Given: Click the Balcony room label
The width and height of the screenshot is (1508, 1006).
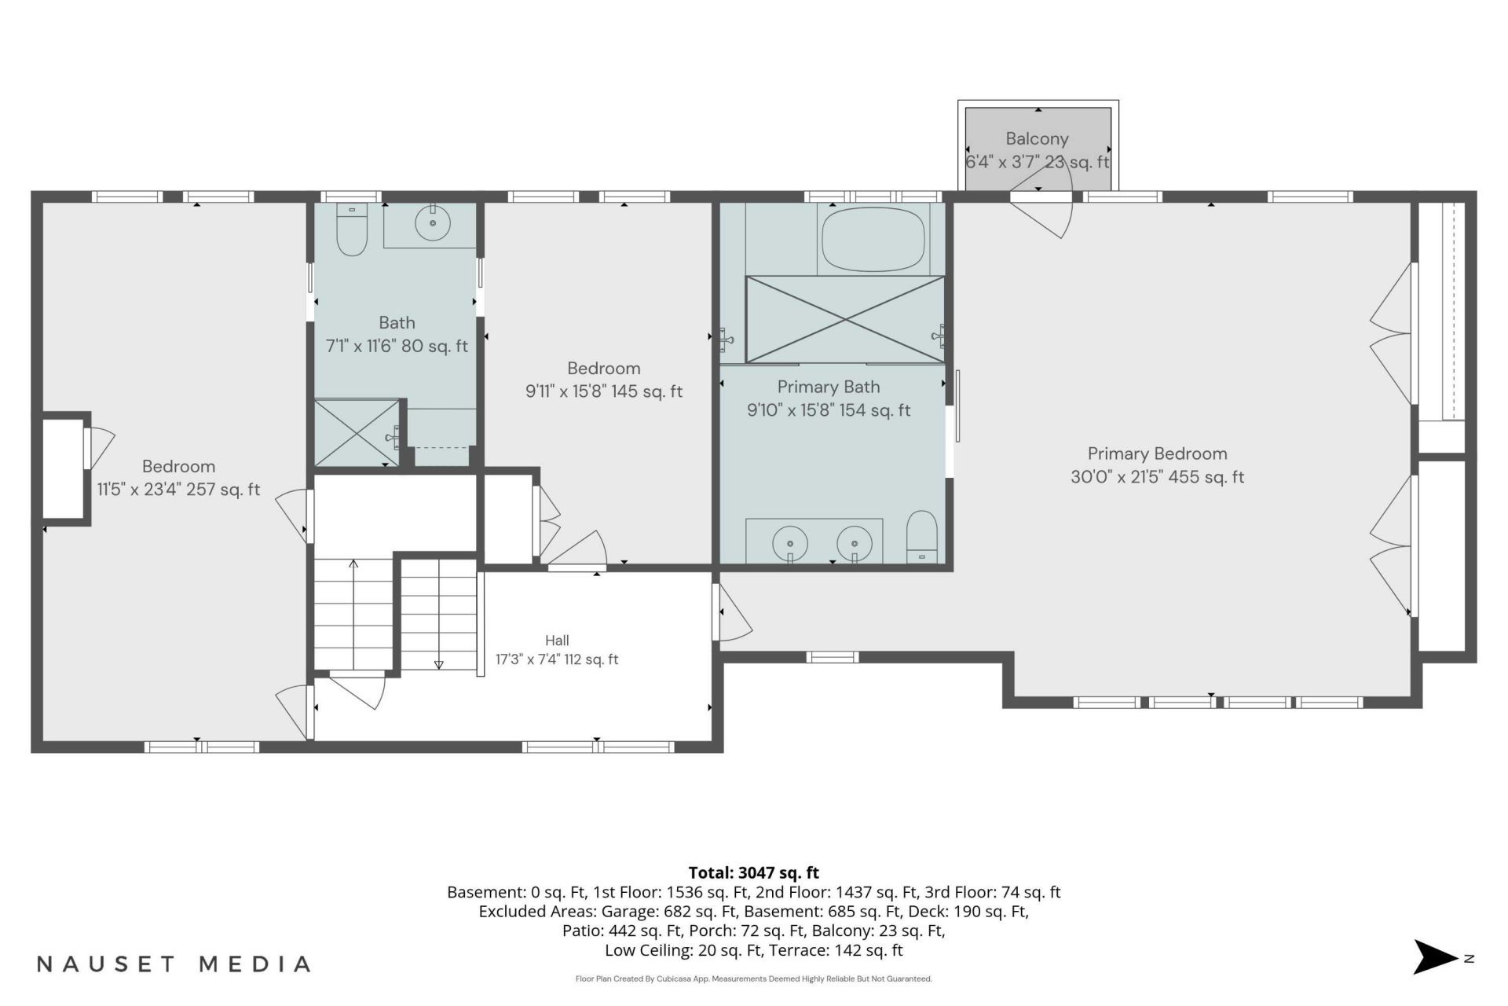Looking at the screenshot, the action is (x=1037, y=139).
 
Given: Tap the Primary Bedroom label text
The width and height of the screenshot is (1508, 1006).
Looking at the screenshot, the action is (x=1157, y=453).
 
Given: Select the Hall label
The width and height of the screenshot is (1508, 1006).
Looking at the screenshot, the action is (x=557, y=641).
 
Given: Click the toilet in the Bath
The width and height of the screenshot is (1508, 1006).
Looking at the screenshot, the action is (x=351, y=229).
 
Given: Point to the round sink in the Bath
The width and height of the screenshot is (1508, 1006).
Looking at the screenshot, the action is (x=432, y=222).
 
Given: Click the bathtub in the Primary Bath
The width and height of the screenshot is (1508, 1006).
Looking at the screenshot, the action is (x=872, y=238).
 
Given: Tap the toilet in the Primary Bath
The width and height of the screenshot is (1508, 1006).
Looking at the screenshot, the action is (x=922, y=537).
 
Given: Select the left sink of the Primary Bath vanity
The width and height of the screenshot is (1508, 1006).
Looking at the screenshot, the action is (x=791, y=543).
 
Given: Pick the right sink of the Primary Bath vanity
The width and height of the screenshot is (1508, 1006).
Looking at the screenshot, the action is (x=855, y=543).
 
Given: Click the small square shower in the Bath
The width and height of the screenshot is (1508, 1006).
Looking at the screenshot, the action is (x=357, y=433).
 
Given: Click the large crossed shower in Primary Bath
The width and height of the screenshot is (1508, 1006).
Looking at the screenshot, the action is (x=845, y=319).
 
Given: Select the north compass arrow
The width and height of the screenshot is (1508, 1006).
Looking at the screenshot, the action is (x=1436, y=957).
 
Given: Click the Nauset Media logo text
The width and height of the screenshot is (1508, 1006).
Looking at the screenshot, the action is (x=174, y=964).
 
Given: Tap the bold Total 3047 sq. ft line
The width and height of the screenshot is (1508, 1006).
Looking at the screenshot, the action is (x=753, y=872).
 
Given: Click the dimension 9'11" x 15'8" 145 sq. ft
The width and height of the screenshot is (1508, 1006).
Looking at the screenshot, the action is (x=604, y=391).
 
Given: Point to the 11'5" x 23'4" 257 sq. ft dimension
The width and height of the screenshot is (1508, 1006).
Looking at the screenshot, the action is (x=178, y=490).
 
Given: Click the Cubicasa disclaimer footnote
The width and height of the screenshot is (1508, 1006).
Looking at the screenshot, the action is (x=753, y=979).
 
